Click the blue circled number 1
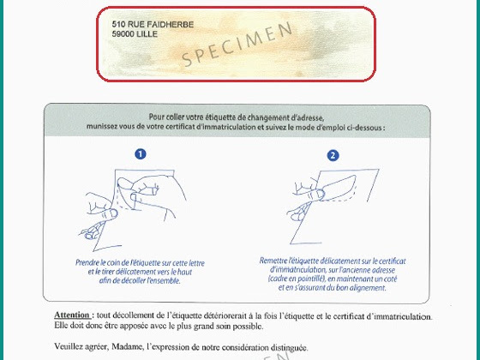(141, 154)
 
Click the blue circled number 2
(333, 155)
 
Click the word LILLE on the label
(147, 34)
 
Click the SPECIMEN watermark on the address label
(237, 45)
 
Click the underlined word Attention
(72, 315)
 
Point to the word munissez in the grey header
(99, 127)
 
